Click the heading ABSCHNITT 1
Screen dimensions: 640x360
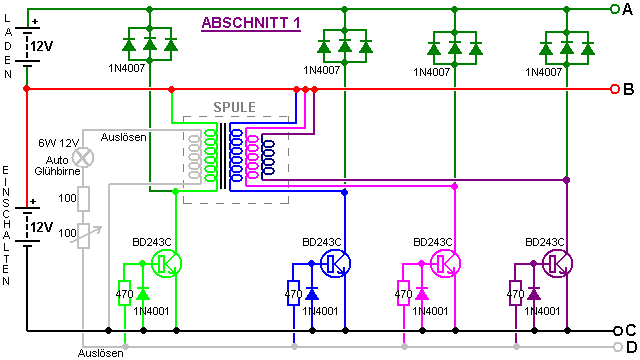251,22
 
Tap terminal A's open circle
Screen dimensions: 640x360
615,9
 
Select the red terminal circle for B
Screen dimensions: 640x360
615,89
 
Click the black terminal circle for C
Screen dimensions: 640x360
617,330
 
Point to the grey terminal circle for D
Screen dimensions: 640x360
618,347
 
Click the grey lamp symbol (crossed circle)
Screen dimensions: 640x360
83,158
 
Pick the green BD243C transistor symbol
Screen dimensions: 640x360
167,263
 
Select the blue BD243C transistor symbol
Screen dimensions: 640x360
336,263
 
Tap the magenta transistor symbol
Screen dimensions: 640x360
446,263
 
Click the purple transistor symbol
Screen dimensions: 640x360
558,263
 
